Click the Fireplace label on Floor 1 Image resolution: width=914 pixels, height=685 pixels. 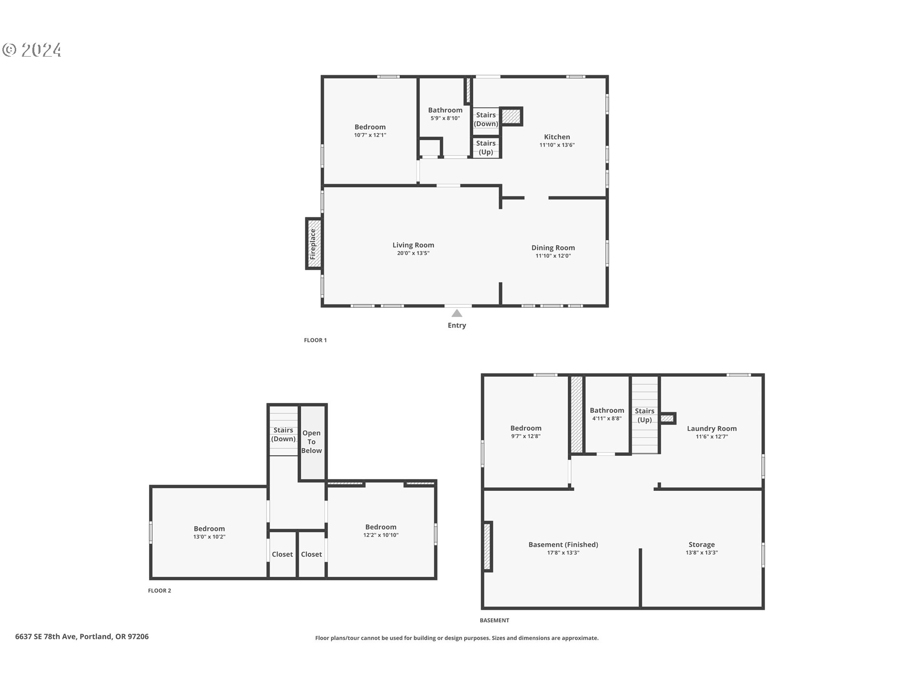coord(313,244)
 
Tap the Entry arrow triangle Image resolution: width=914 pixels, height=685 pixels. coord(457,313)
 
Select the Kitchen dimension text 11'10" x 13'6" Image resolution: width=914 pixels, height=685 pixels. coord(557,145)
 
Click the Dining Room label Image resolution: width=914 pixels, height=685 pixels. coord(553,247)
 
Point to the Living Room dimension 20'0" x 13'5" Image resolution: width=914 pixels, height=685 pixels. coord(413,253)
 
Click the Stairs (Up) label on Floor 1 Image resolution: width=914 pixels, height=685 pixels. coord(486,147)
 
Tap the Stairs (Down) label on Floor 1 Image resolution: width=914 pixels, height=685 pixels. coord(486,119)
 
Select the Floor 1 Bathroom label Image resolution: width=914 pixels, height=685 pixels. coord(445,110)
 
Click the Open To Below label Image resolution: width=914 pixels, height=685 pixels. coord(311,441)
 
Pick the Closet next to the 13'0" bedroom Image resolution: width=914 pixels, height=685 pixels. coord(282,554)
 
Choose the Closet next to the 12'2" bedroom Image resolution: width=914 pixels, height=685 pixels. coord(311,554)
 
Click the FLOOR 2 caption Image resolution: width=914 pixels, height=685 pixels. coord(159,590)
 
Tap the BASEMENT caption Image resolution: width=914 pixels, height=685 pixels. coord(494,620)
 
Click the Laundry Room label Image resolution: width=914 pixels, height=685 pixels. coord(712,428)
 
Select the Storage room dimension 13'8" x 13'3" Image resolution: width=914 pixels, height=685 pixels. coord(701,553)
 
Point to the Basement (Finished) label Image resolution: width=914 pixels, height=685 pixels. coord(563,544)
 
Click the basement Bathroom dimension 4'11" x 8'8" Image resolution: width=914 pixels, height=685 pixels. coord(606,419)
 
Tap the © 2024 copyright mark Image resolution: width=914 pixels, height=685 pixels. coord(32,50)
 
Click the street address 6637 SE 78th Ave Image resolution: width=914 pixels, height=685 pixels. coord(46,636)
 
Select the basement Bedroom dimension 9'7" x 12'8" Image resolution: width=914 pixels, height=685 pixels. coord(526,436)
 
